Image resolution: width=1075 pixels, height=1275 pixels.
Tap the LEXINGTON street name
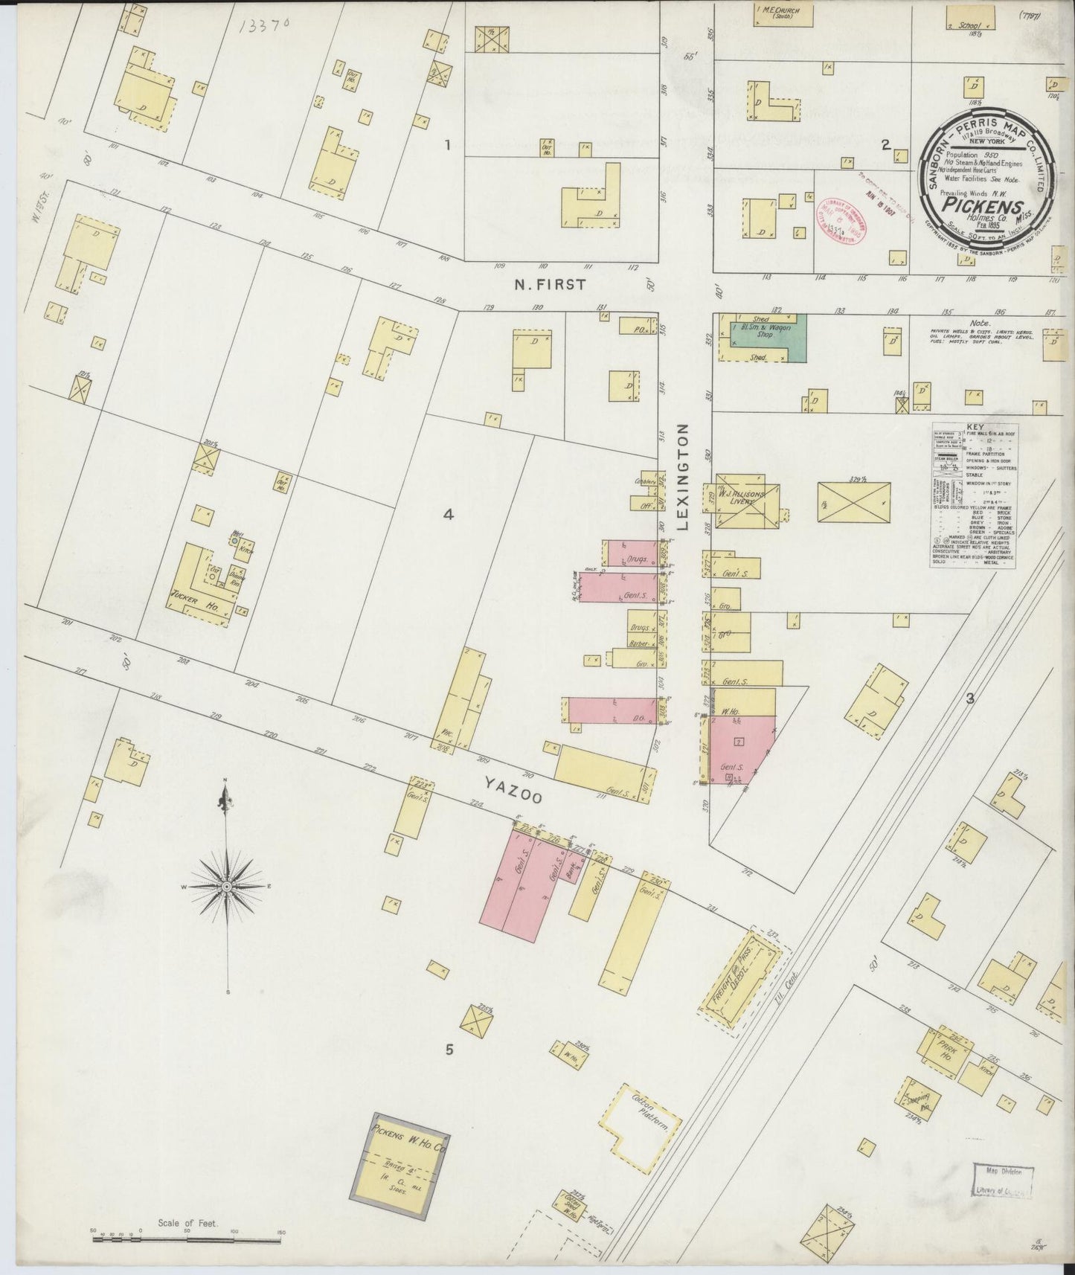[684, 477]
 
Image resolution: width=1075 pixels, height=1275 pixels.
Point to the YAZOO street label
[513, 788]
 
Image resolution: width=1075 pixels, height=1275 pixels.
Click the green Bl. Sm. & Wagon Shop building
[766, 337]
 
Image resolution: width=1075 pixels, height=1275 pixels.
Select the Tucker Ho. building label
[192, 600]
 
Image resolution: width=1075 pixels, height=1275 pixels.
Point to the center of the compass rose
[226, 887]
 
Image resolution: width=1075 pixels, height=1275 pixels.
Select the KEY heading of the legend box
[974, 427]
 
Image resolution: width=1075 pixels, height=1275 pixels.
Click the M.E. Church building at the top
[781, 15]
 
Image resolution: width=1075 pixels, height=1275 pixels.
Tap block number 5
[449, 1050]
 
